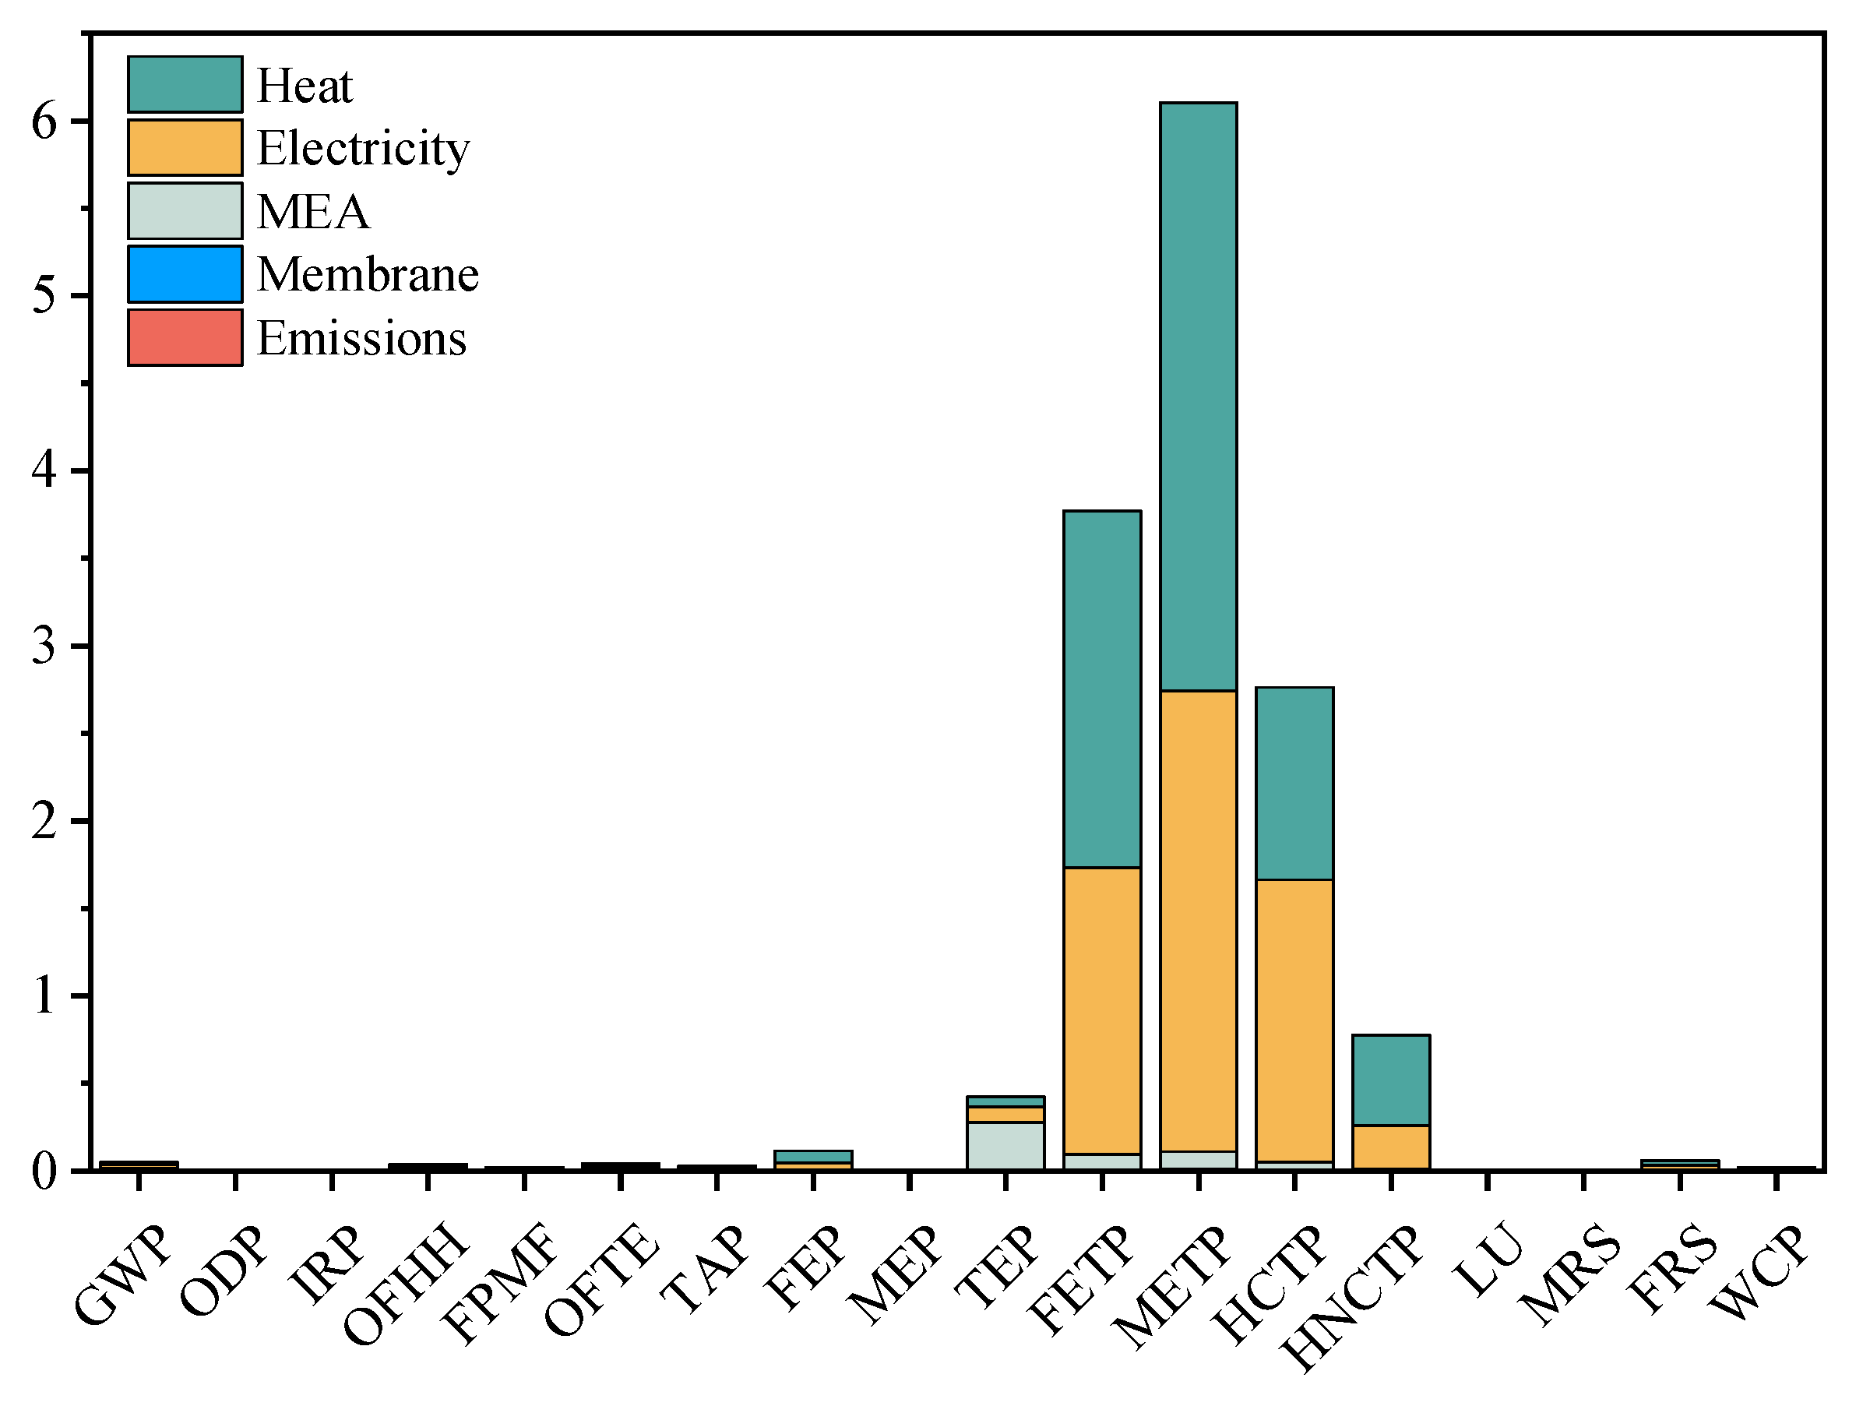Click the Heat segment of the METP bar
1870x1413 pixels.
[1198, 396]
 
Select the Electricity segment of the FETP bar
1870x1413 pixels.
[1101, 1010]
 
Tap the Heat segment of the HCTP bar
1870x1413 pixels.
[1294, 784]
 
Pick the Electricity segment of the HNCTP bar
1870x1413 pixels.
[1391, 1147]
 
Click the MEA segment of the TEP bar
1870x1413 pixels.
[1005, 1146]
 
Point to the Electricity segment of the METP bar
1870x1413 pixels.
[1198, 921]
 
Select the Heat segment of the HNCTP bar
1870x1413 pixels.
[1391, 1080]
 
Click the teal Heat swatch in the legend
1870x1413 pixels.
[185, 85]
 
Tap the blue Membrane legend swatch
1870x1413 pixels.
[185, 274]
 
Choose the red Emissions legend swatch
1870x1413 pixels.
[185, 337]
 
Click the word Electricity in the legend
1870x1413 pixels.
[363, 149]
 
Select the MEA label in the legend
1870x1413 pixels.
[313, 211]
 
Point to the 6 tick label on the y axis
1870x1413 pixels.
[44, 122]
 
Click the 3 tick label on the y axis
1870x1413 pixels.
[44, 646]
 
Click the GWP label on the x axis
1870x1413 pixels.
[123, 1275]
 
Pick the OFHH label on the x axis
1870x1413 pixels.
[406, 1285]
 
